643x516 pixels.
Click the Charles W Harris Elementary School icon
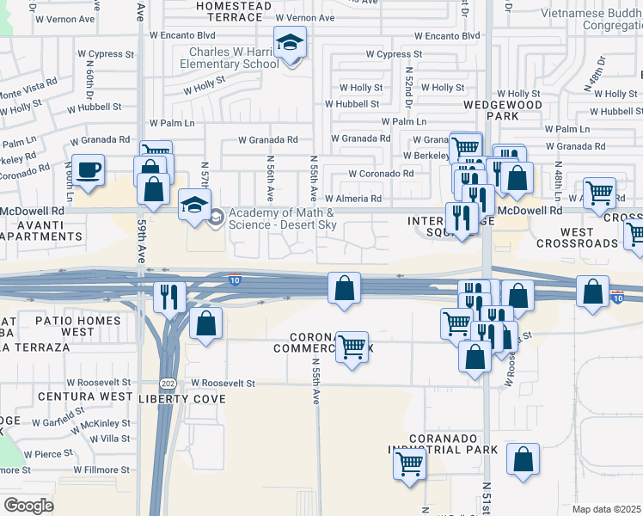pos(291,42)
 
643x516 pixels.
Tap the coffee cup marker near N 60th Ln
pos(88,169)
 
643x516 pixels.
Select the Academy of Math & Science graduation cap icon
pos(194,207)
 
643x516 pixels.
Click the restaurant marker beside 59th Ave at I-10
pos(168,298)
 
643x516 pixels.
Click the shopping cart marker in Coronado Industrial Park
pos(410,465)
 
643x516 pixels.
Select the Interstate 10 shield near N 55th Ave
pos(236,279)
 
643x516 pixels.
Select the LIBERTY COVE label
pos(182,399)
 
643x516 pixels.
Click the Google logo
pos(28,505)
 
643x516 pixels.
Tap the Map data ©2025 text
pos(605,509)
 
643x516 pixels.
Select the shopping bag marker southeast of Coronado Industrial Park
pos(523,459)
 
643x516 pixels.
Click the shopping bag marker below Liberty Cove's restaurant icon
pos(205,324)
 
